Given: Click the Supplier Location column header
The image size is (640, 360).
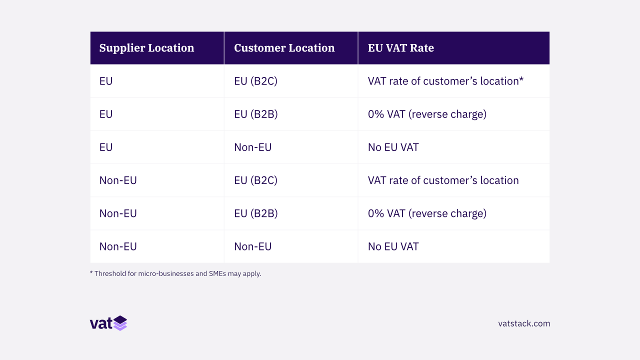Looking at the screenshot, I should pyautogui.click(x=146, y=48).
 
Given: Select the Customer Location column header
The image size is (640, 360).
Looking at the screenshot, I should pyautogui.click(x=284, y=48).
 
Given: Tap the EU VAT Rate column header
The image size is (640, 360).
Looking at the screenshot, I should pyautogui.click(x=400, y=48).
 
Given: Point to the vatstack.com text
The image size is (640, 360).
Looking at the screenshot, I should pyautogui.click(x=524, y=323).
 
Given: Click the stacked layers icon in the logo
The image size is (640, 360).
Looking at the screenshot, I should pyautogui.click(x=120, y=323).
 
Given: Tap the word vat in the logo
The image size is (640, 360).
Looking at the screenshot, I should pyautogui.click(x=101, y=323).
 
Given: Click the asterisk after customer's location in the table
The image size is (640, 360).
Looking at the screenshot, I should pyautogui.click(x=521, y=80).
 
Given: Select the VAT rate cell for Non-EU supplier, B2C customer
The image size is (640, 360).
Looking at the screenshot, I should pyautogui.click(x=443, y=180).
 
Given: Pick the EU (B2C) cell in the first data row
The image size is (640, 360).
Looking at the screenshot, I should pyautogui.click(x=255, y=81).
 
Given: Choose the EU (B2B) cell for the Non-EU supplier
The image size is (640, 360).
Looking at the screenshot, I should pyautogui.click(x=255, y=213).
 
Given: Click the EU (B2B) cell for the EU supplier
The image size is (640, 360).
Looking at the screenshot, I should pyautogui.click(x=255, y=114).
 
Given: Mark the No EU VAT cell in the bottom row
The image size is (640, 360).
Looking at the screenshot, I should pyautogui.click(x=393, y=246).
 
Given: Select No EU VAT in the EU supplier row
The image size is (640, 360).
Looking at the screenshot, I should pyautogui.click(x=393, y=147).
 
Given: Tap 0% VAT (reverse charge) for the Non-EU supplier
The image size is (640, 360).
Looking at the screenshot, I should pyautogui.click(x=427, y=213).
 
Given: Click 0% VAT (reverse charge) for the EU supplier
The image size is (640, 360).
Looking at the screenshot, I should pyautogui.click(x=427, y=114).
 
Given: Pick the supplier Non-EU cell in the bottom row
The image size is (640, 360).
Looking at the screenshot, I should pyautogui.click(x=118, y=246).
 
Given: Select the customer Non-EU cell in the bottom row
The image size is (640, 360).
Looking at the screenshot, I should pyautogui.click(x=252, y=246).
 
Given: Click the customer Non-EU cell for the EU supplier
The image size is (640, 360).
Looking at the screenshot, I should pyautogui.click(x=252, y=147).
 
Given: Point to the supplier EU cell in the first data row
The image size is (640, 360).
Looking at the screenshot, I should pyautogui.click(x=106, y=81).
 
